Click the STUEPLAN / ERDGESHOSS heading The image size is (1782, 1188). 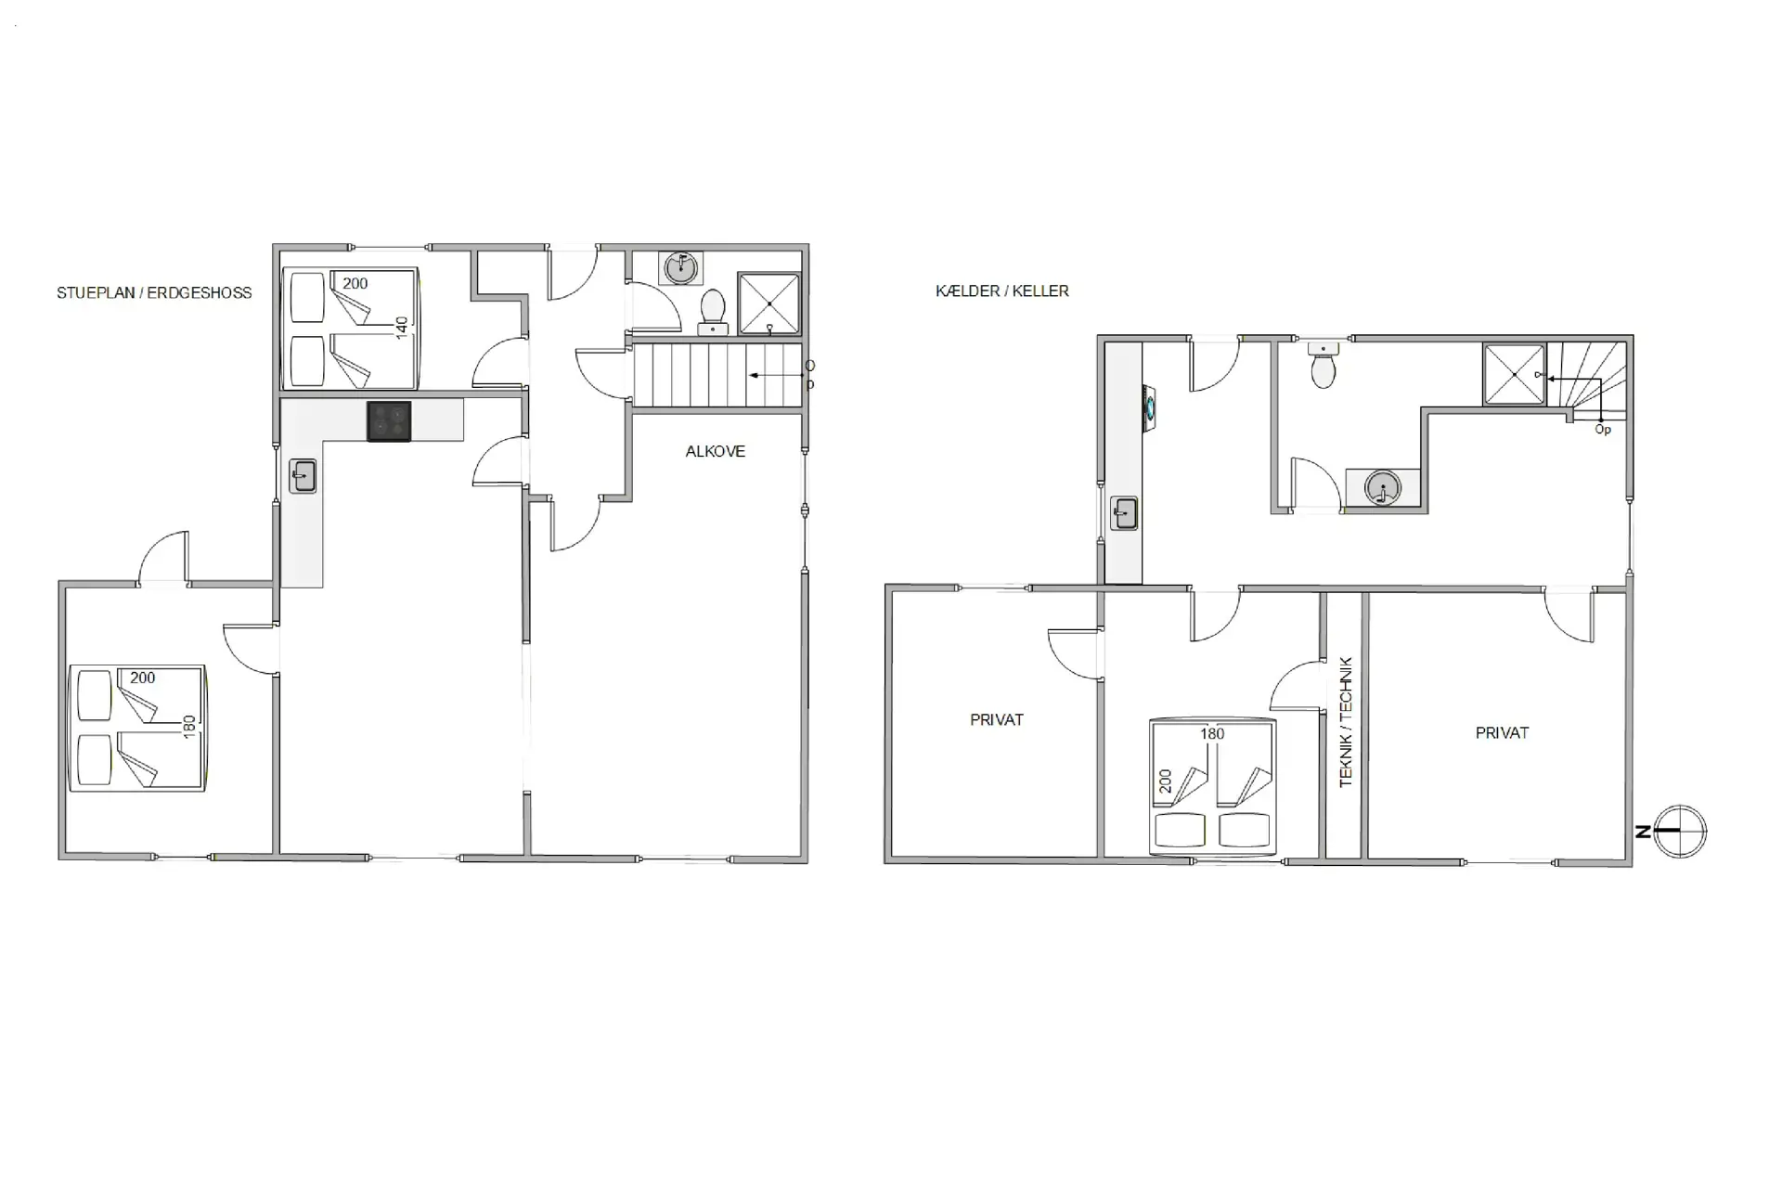pos(154,293)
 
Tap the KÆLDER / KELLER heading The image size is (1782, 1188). pos(1002,291)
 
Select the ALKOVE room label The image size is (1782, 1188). pos(716,452)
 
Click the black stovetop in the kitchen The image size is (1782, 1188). pos(389,421)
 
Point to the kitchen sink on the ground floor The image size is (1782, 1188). pos(303,476)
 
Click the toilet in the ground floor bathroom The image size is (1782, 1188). pos(713,311)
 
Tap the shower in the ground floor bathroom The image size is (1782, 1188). pos(769,303)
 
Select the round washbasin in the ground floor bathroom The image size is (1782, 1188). pos(681,267)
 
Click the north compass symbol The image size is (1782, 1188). pos(1673,832)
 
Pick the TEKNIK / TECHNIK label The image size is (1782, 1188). pos(1347,723)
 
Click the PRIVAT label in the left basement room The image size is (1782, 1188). pos(997,720)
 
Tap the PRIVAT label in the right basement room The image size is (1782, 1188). pos(1502,733)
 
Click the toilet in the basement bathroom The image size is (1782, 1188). pos(1324,366)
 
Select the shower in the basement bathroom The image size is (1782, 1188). pos(1515,374)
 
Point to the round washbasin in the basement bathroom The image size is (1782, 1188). pos(1383,487)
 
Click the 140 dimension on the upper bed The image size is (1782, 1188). pos(402,328)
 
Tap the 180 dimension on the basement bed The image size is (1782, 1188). pos(1212,734)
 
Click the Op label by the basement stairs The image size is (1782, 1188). pos(1603,431)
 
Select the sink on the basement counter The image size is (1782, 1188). pos(1125,513)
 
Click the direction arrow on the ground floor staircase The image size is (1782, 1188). pos(777,375)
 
